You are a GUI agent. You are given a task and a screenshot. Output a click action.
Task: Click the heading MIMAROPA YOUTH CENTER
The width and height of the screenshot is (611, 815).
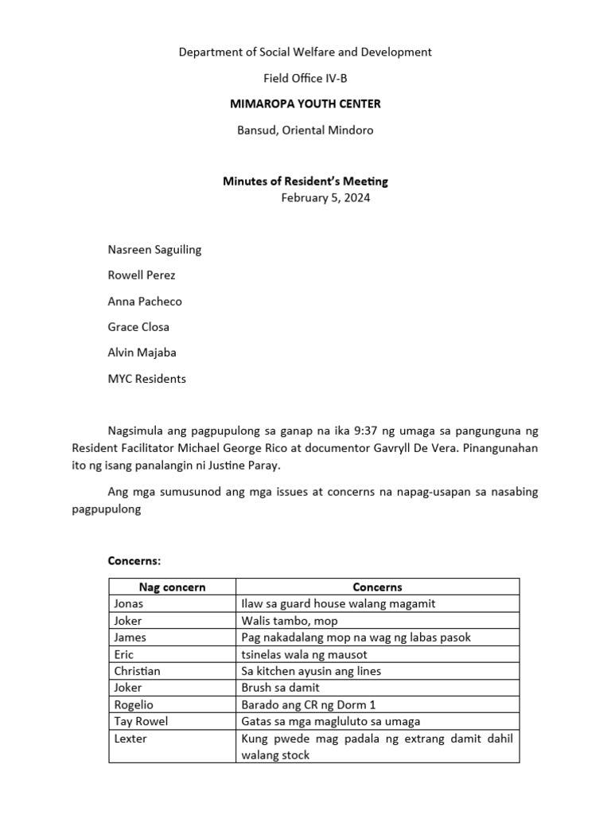click(x=305, y=103)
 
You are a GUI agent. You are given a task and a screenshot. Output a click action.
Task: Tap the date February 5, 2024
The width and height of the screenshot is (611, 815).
click(x=325, y=198)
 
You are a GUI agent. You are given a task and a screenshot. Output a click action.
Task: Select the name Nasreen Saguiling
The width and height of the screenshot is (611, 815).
click(x=154, y=249)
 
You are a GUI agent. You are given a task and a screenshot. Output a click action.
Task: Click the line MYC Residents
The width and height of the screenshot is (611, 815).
click(x=146, y=379)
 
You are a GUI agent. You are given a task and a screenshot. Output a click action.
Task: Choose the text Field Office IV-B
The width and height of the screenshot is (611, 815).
click(x=305, y=78)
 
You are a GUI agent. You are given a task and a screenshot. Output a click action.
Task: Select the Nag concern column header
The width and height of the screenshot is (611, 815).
click(x=172, y=587)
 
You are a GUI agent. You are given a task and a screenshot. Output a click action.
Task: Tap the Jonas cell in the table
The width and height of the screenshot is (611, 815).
click(x=130, y=604)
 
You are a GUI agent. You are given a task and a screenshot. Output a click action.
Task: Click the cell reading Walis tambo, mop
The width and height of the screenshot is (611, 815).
click(x=289, y=621)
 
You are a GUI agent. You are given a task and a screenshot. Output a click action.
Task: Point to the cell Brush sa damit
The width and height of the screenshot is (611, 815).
click(x=280, y=688)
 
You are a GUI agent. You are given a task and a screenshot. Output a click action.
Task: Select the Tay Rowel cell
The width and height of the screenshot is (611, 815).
click(x=141, y=721)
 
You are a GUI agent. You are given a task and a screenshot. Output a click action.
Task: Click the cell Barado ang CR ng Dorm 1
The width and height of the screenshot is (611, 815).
click(x=308, y=704)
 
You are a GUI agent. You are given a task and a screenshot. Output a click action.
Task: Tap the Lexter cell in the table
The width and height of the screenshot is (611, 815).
click(x=130, y=739)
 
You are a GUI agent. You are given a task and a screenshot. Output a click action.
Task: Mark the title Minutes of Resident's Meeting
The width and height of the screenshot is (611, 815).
click(x=305, y=181)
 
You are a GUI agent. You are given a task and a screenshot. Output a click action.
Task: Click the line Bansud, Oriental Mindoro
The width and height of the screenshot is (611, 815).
click(x=305, y=130)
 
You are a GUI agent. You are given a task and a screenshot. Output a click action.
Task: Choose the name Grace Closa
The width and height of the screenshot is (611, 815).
click(x=138, y=327)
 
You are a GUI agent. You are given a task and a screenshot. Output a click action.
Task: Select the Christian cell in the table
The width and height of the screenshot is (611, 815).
click(x=137, y=671)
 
